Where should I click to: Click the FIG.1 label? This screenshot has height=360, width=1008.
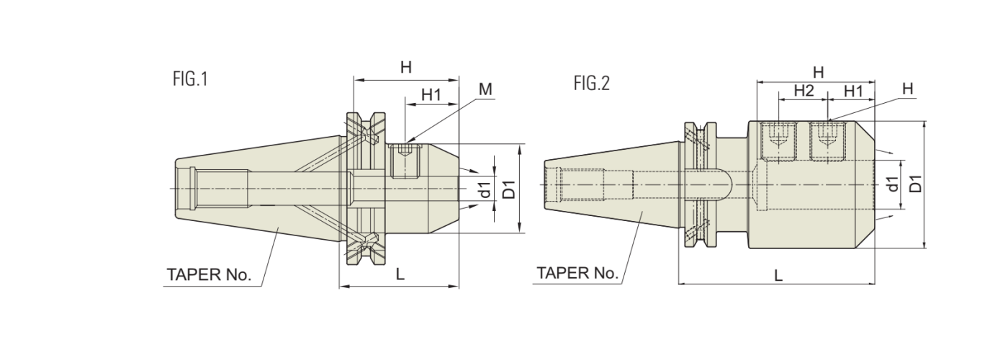190,78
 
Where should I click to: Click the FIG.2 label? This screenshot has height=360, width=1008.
591,84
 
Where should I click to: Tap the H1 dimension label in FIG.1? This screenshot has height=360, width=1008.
431,94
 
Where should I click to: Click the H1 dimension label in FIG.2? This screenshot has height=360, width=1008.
852,91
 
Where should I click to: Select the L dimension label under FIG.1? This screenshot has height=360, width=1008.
400,274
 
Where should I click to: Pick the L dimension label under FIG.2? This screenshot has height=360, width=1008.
778,275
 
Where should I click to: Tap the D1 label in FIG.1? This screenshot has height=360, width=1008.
509,190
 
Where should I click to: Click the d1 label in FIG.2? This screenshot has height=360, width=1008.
893,184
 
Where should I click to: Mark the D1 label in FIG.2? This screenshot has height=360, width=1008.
915,184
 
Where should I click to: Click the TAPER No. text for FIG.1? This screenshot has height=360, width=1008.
209,275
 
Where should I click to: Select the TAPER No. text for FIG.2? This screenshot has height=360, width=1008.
577,274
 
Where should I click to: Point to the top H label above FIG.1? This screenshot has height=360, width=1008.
406,67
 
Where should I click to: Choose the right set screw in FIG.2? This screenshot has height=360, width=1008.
828,140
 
